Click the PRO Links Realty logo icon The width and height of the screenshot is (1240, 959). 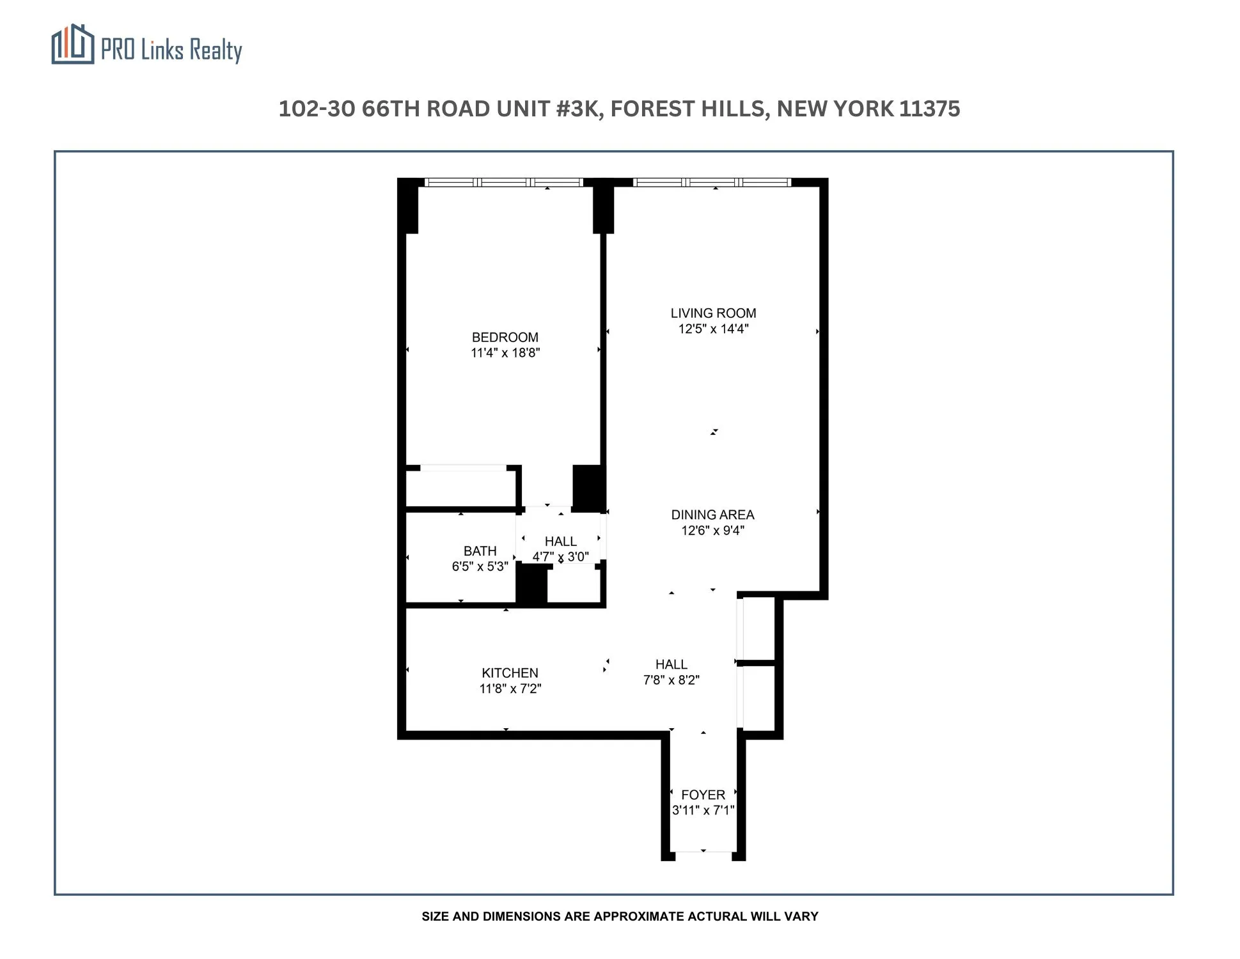tap(72, 44)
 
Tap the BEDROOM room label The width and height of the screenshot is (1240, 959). tap(505, 337)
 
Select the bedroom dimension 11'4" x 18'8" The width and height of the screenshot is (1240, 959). tap(505, 353)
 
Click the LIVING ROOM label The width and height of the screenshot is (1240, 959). tap(713, 313)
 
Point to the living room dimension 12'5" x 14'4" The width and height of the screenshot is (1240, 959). tap(713, 329)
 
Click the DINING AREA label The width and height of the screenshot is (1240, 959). tap(712, 515)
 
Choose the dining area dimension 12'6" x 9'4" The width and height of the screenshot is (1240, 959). tap(712, 531)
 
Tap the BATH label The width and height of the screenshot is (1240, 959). tap(480, 551)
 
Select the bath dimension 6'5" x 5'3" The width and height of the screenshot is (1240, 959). tap(480, 566)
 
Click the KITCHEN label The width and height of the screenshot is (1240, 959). tap(510, 673)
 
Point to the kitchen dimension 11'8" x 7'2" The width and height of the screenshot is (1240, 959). tap(510, 689)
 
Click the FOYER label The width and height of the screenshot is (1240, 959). tap(703, 795)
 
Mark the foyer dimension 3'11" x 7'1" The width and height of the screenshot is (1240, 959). tap(703, 811)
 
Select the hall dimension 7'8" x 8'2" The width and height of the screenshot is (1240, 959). tap(671, 680)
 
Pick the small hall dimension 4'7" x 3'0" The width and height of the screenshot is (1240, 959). tap(560, 557)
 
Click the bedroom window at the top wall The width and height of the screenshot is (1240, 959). tap(504, 182)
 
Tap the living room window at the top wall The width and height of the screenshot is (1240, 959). tap(712, 182)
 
